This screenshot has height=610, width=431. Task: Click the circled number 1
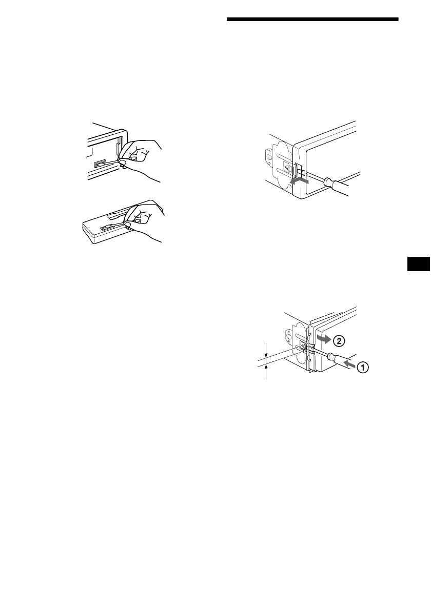(x=362, y=367)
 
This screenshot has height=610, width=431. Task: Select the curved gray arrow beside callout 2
(x=323, y=338)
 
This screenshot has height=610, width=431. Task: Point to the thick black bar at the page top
(x=312, y=20)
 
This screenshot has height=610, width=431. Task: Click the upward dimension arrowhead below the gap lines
(x=266, y=367)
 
